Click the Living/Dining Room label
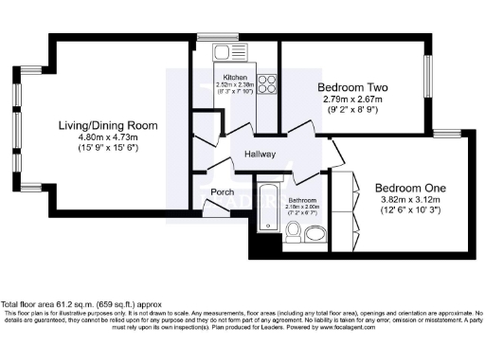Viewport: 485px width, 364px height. pyautogui.click(x=103, y=126)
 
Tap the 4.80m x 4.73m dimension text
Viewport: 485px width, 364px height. pyautogui.click(x=103, y=137)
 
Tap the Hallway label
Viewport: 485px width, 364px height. pyautogui.click(x=260, y=154)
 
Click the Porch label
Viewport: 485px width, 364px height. pyautogui.click(x=222, y=192)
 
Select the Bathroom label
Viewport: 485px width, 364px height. pyautogui.click(x=302, y=200)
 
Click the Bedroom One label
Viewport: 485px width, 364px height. pyautogui.click(x=408, y=188)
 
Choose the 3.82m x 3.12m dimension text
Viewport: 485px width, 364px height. pyautogui.click(x=408, y=200)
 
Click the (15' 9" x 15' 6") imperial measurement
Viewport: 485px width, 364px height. pyautogui.click(x=103, y=150)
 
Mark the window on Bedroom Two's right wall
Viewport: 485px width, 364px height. pyautogui.click(x=423, y=84)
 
